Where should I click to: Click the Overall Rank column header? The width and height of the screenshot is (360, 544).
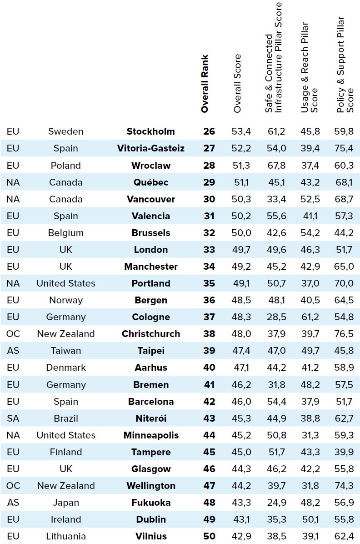205,84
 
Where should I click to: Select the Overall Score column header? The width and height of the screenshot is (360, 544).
237,84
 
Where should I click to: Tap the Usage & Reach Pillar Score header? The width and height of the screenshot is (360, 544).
309,68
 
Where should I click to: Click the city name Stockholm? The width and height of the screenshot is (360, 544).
150,131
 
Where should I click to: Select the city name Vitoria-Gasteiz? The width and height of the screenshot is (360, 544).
150,148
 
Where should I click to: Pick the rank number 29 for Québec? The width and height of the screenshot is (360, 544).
209,182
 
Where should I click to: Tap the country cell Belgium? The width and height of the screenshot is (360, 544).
66,233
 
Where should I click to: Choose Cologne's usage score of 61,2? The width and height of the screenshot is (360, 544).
310,317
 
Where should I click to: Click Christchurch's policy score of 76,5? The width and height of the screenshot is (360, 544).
344,334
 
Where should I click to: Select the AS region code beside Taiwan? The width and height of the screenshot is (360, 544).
13,351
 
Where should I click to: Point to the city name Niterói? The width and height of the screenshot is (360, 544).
150,418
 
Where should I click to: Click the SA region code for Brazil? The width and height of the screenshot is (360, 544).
13,418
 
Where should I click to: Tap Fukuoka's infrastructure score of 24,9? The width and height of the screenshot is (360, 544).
276,503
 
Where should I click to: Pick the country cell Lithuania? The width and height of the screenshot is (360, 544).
66,536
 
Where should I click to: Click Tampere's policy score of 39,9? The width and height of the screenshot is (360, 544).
344,452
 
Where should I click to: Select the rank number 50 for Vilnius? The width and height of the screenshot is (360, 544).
209,536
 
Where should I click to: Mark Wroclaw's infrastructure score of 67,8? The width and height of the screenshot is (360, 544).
276,166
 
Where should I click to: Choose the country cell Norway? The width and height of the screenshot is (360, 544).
66,300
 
